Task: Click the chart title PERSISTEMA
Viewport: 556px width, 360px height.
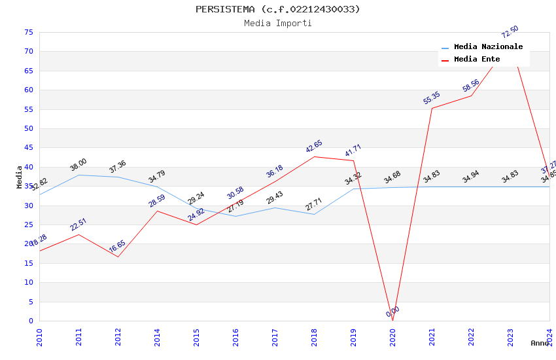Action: pos(277,9)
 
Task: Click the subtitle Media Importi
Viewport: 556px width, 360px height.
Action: pos(277,23)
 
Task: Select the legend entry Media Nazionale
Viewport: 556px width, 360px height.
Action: pos(488,47)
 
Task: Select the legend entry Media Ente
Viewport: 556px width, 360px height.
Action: pos(477,60)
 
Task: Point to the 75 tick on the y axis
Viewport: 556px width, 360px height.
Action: pos(27,32)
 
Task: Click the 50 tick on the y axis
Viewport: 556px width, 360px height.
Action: pos(27,128)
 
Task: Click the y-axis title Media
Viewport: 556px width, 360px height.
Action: pos(20,177)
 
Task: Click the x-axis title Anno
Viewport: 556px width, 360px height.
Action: pos(540,343)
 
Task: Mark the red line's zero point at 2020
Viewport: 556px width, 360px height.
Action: pos(392,321)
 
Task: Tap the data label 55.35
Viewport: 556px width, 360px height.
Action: pos(432,98)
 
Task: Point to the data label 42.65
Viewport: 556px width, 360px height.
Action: pos(314,147)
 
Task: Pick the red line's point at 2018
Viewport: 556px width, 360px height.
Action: pos(314,156)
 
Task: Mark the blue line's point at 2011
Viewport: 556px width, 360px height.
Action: pos(78,175)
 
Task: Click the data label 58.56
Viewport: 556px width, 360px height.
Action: pos(471,86)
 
